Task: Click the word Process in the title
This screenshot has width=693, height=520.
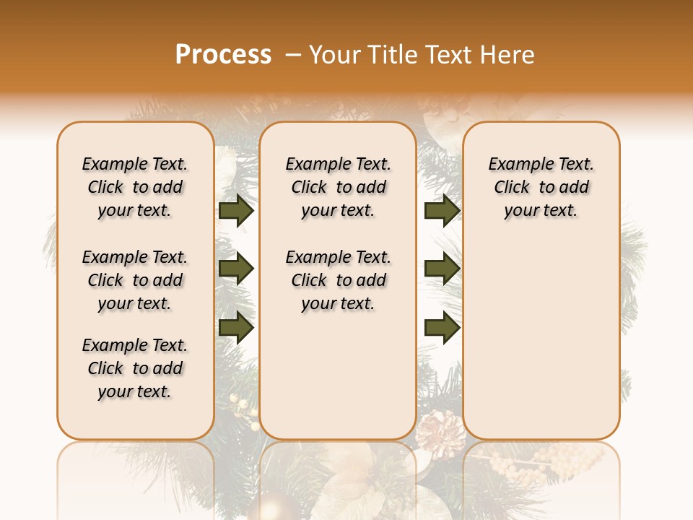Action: [223, 55]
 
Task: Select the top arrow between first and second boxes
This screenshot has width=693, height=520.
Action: [236, 211]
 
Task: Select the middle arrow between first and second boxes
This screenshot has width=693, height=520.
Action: [236, 269]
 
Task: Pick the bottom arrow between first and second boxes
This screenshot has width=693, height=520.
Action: [236, 329]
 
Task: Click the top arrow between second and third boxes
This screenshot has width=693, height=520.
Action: [442, 211]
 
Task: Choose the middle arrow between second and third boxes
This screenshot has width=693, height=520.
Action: [442, 269]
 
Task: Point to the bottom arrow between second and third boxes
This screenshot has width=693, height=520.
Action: [442, 329]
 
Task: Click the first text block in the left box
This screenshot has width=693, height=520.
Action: [135, 187]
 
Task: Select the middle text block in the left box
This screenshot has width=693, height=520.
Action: [135, 280]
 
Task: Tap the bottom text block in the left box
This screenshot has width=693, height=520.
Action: [135, 368]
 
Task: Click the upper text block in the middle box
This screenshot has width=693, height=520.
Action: [339, 187]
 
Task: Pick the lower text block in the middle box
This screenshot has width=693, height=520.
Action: [339, 280]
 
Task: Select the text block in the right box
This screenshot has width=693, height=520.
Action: [541, 187]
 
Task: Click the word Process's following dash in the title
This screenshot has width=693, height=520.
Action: [292, 56]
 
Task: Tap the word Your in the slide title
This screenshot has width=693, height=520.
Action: [335, 55]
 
